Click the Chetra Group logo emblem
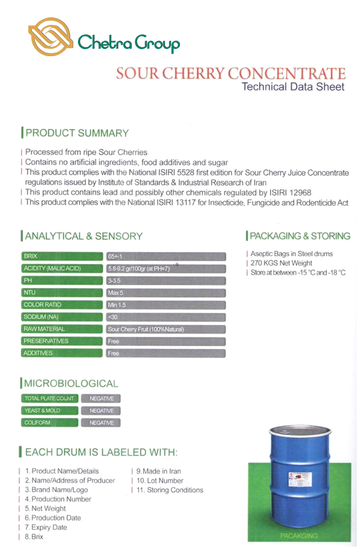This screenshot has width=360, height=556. pos(51,37)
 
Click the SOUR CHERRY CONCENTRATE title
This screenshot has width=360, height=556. pos(230,73)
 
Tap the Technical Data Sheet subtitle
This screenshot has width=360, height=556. pos(293,87)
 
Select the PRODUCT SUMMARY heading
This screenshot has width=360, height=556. pos(76,133)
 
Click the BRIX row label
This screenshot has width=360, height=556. pos(61,256)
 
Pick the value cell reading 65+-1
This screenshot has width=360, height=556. pos(165,257)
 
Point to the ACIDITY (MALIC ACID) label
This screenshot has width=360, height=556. pos(61,269)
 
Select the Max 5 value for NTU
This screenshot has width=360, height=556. pos(165,293)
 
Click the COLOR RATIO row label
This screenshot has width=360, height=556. pos(61,305)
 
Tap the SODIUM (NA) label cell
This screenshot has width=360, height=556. pos(61,317)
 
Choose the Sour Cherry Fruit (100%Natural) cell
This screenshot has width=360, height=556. pos(165,329)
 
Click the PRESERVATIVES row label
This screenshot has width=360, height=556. pos(61,341)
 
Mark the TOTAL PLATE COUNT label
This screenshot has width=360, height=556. pos(49,399)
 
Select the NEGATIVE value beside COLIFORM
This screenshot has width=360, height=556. pos(101,423)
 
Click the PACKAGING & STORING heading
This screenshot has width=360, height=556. pos(300,236)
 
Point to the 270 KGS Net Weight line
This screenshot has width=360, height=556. pos(281,263)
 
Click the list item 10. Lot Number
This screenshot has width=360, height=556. pos(160,481)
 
